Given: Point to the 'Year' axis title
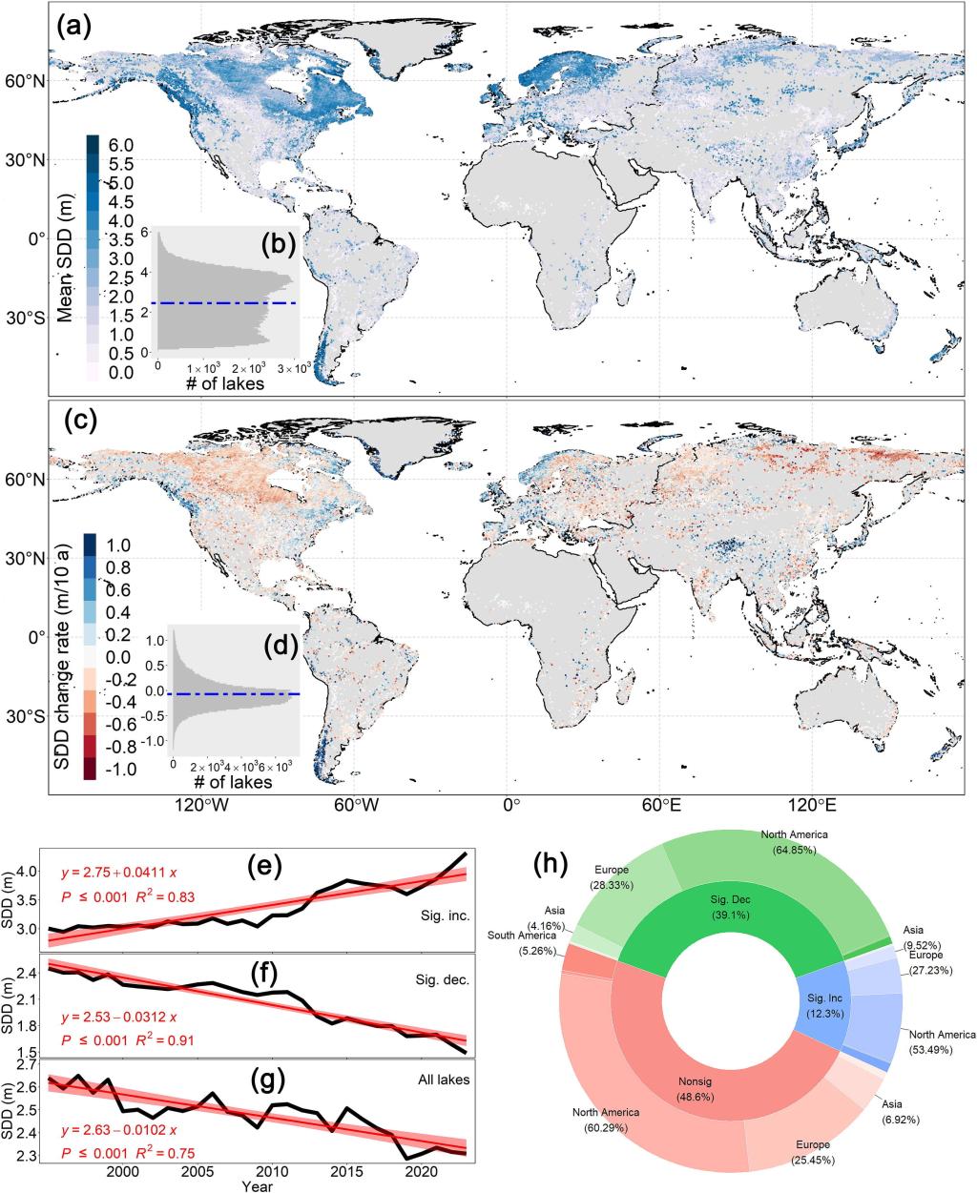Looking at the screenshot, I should pos(256,1186).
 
